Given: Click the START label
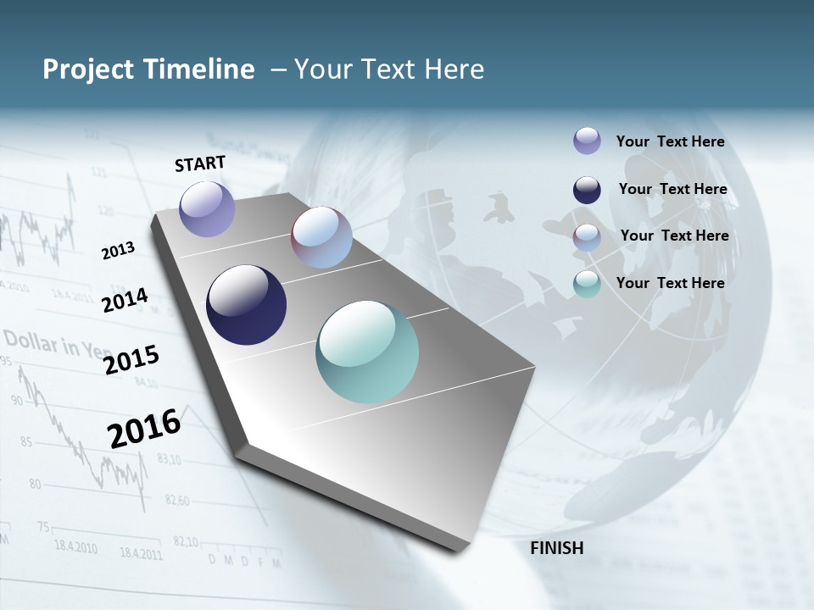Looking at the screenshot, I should (200, 164).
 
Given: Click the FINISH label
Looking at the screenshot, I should (556, 548).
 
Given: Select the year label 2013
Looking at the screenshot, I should (119, 250).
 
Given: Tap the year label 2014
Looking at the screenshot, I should (125, 300).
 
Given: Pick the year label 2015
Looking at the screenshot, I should (131, 359).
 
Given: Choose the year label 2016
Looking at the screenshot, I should (144, 428).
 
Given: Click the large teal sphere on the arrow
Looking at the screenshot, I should (367, 352).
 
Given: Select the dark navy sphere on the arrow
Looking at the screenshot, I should (246, 305).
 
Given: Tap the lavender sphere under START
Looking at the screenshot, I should (207, 208).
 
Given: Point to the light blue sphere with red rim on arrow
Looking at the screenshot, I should (321, 238).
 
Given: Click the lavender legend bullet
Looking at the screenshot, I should (587, 141).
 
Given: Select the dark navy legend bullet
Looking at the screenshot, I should (587, 190).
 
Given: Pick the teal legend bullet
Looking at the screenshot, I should (587, 284).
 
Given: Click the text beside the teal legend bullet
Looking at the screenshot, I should (670, 283).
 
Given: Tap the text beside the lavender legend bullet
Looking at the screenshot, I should (670, 141).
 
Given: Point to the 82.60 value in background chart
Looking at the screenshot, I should (176, 501).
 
